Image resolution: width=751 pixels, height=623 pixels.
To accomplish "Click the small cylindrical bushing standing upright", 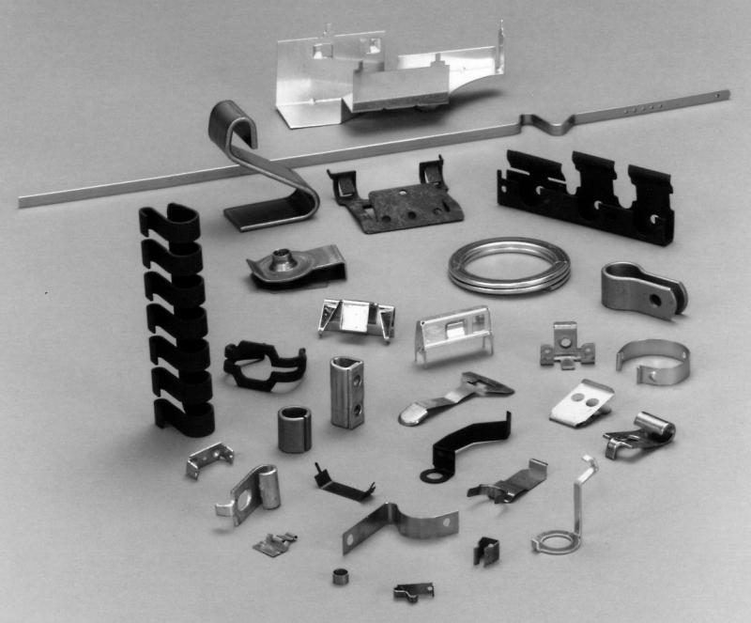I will pyautogui.click(x=292, y=428).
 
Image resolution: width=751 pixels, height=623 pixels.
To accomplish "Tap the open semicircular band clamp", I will pyautogui.click(x=653, y=360).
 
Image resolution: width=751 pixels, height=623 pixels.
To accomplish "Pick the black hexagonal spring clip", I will pyautogui.click(x=264, y=365).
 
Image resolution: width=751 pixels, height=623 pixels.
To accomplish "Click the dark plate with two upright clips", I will pyautogui.click(x=396, y=198).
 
